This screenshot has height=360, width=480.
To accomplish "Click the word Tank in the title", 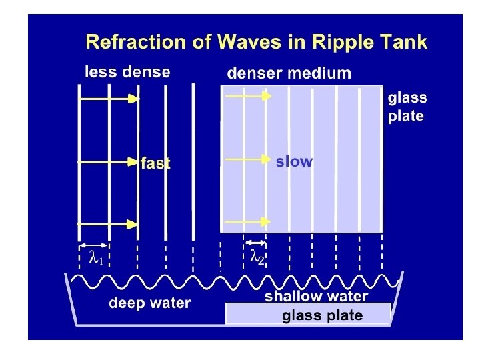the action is (404, 43).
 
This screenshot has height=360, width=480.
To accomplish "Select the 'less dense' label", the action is (127, 72).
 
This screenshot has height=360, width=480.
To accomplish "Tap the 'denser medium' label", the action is (289, 73).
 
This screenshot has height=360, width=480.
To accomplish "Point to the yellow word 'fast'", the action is (155, 163).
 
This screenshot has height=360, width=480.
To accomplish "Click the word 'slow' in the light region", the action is (294, 161).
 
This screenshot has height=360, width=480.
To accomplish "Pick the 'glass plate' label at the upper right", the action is (407, 107).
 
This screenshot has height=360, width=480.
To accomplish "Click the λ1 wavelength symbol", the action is (96, 257).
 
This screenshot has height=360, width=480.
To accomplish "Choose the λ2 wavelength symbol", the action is (257, 257).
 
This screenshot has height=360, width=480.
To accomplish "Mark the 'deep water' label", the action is (150, 303).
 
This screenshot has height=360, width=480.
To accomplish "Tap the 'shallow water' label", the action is (316, 297).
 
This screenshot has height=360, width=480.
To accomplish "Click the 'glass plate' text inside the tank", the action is (323, 315).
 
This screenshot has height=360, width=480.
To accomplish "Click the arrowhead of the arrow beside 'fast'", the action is (135, 161).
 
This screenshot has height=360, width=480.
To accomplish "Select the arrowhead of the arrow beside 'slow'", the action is (267, 160).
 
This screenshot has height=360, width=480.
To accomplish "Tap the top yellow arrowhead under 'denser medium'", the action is (267, 96).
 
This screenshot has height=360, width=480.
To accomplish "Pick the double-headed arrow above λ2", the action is (255, 242).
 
